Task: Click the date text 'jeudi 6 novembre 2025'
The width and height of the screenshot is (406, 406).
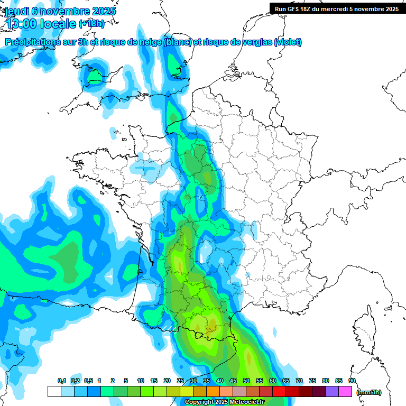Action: [x=61, y=11]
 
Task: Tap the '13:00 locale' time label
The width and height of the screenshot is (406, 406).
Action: [x=41, y=24]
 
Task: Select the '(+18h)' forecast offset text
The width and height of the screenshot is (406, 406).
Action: [x=91, y=24]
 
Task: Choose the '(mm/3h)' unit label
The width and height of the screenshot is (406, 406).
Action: [x=369, y=392]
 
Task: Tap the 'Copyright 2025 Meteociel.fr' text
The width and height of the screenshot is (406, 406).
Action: [x=225, y=402]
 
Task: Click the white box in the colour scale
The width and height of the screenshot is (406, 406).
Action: [x=54, y=392]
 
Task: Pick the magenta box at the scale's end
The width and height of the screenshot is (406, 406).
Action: [x=345, y=392]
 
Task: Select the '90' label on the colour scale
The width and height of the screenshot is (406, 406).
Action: [x=352, y=381]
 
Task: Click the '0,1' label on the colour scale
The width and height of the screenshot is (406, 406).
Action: [x=62, y=381]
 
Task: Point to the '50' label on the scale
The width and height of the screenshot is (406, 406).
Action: [x=246, y=381]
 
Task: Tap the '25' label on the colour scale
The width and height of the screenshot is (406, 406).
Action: [x=180, y=381]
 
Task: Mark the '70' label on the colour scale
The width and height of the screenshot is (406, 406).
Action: [x=299, y=381]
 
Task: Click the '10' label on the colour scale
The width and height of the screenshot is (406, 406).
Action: [x=141, y=381]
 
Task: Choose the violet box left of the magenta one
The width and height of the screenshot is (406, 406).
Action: [x=332, y=392]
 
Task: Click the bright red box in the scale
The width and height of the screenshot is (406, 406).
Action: [x=279, y=392]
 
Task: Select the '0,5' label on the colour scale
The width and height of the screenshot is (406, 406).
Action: [x=88, y=381]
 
